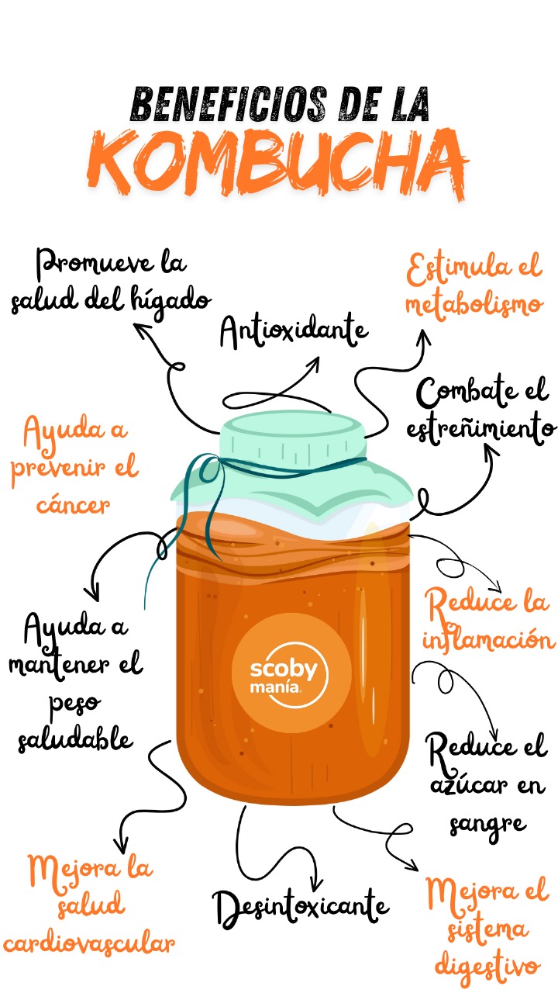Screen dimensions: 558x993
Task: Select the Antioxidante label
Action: [294, 330]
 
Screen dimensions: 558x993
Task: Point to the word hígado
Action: [171, 303]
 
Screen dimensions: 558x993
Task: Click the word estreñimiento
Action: [481, 429]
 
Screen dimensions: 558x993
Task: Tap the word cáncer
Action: [73, 505]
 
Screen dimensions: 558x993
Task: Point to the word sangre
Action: [488, 825]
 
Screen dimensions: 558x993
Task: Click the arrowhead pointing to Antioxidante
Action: [315, 364]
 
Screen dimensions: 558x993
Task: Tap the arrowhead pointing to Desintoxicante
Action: [315, 882]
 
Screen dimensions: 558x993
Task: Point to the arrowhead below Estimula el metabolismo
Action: [424, 337]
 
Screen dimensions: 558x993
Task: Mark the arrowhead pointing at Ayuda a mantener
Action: [93, 593]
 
